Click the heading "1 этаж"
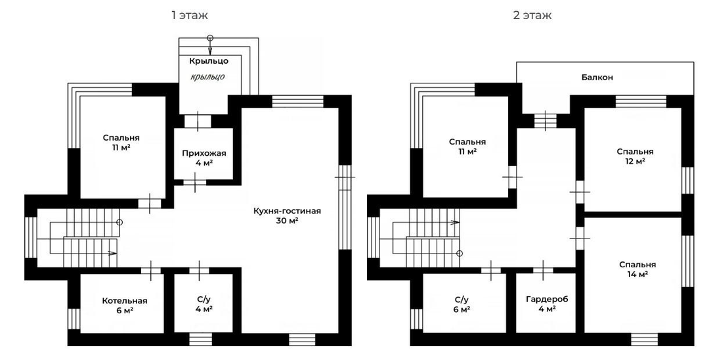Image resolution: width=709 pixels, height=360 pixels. point(190,15)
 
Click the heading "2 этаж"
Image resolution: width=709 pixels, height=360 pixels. point(532,15)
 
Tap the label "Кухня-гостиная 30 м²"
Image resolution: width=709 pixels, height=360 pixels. point(287,215)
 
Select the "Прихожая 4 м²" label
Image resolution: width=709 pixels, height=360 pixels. point(204,158)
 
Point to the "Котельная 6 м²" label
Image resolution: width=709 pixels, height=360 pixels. point(124,305)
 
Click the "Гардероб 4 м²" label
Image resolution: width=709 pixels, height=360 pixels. point(547,304)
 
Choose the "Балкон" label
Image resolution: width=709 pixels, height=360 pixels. point(597,78)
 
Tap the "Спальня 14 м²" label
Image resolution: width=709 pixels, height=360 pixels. point(637,269)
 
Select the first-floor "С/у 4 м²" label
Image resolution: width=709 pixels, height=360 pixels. point(204,304)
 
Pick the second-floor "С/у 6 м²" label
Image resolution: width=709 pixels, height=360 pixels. point(461,304)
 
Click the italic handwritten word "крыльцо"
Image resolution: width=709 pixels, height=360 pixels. point(208,77)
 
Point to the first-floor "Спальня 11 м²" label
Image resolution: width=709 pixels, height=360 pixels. point(121,142)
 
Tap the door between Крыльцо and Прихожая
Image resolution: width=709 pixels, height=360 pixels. point(198,122)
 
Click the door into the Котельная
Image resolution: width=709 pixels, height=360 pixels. point(151,271)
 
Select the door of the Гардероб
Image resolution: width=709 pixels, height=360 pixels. point(543,270)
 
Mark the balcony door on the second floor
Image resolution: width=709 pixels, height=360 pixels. point(546,121)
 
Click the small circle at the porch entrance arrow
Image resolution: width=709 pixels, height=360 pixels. point(210,38)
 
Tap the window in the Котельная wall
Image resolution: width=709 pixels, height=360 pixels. point(74,319)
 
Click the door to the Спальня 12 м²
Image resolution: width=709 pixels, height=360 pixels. point(580,192)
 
